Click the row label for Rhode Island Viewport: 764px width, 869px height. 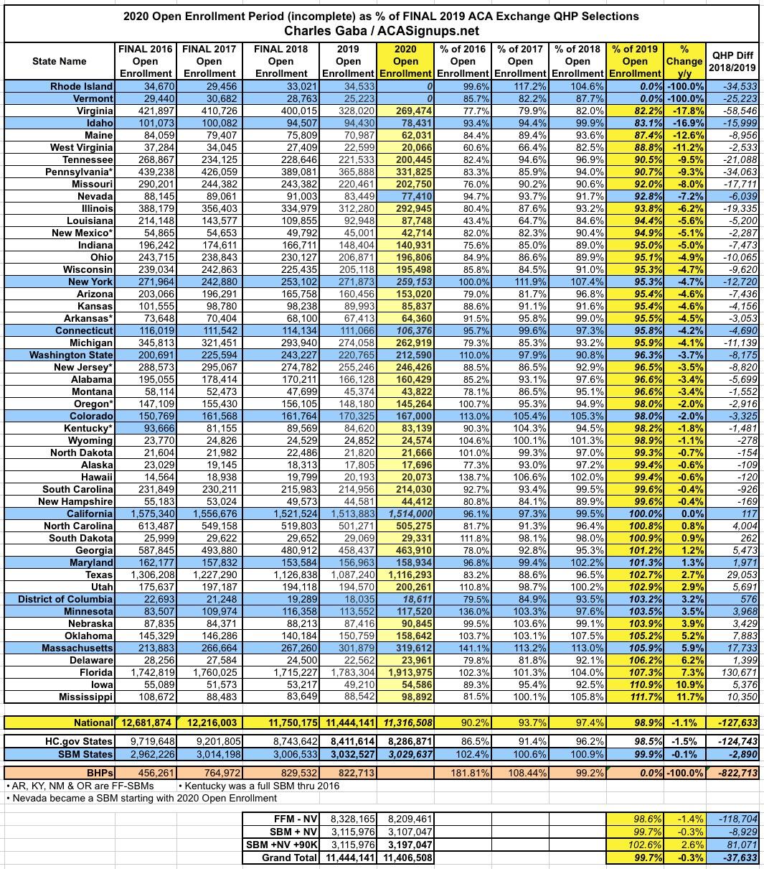point(81,86)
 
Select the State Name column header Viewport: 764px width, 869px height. point(60,61)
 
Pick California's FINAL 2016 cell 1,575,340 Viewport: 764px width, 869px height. point(143,514)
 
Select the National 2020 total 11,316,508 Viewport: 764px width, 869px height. point(405,722)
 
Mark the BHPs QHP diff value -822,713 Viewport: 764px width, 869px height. point(735,772)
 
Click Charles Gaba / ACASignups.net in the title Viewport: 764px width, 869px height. point(381,31)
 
